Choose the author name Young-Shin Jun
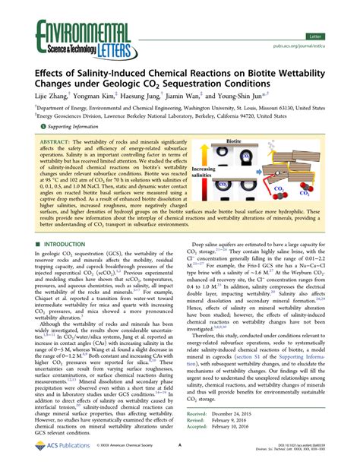coord(262,96)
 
